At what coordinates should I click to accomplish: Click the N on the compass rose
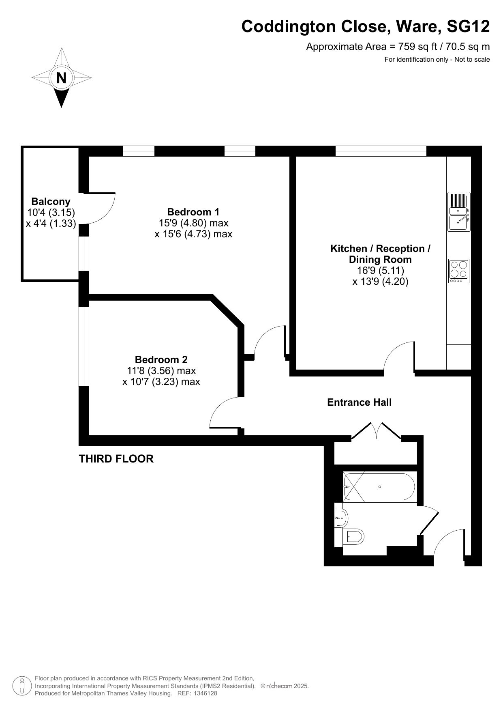(61, 77)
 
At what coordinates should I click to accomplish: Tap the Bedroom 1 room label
(193, 212)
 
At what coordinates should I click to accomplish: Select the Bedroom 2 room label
(161, 359)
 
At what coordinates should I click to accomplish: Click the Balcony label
(51, 201)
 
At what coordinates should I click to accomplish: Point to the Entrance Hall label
(360, 402)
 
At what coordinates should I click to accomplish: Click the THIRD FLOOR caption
(116, 459)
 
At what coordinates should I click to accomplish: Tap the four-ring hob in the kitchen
(459, 271)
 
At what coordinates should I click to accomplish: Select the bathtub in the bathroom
(379, 487)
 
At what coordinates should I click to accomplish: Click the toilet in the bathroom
(353, 537)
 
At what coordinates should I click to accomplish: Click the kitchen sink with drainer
(459, 212)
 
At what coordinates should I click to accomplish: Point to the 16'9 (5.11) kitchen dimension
(380, 270)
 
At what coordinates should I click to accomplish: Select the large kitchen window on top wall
(381, 151)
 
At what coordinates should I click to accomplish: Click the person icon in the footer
(22, 686)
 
